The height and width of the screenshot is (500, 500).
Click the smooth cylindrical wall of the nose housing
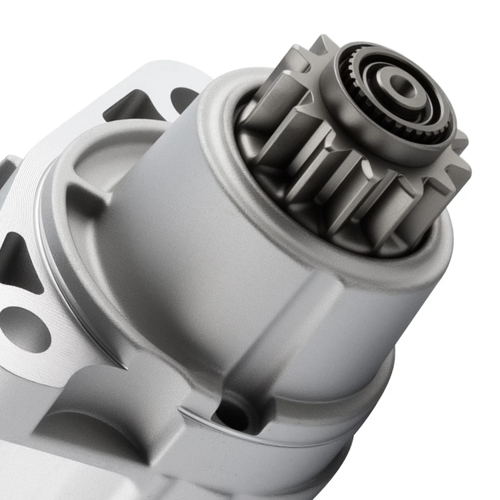tap(198, 234)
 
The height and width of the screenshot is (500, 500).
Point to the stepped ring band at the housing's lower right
tap(365, 396)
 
